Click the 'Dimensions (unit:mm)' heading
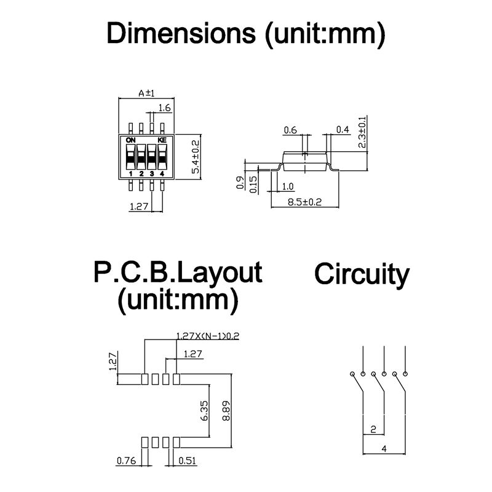coord(245,34)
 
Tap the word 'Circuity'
coord(362,274)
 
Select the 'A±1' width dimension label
coord(146,93)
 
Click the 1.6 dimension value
coord(164,108)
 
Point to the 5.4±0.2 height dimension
coord(196,157)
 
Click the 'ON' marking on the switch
coord(130,140)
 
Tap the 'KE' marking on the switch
coord(162,140)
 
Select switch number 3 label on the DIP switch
coord(152,173)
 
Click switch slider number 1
coord(130,157)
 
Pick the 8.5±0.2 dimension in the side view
coord(304,202)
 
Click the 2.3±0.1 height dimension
coord(362,132)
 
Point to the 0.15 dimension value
coord(253,184)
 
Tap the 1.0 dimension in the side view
coord(287,186)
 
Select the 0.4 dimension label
coord(343,130)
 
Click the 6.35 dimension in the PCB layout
coord(204,410)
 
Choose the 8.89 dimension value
coord(226,410)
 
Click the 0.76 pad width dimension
coord(127,461)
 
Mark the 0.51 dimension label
coord(187,461)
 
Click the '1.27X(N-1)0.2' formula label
coord(208,336)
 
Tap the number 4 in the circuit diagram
coord(384,449)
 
